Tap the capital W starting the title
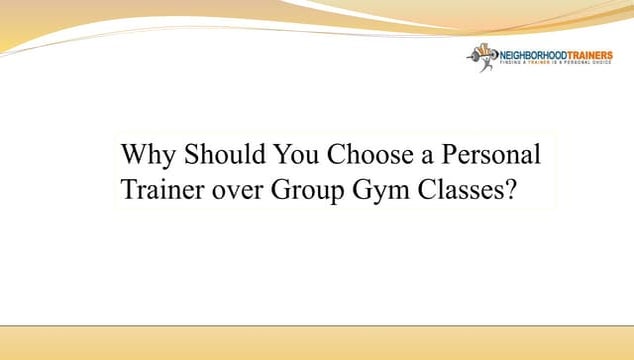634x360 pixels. (x=133, y=157)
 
